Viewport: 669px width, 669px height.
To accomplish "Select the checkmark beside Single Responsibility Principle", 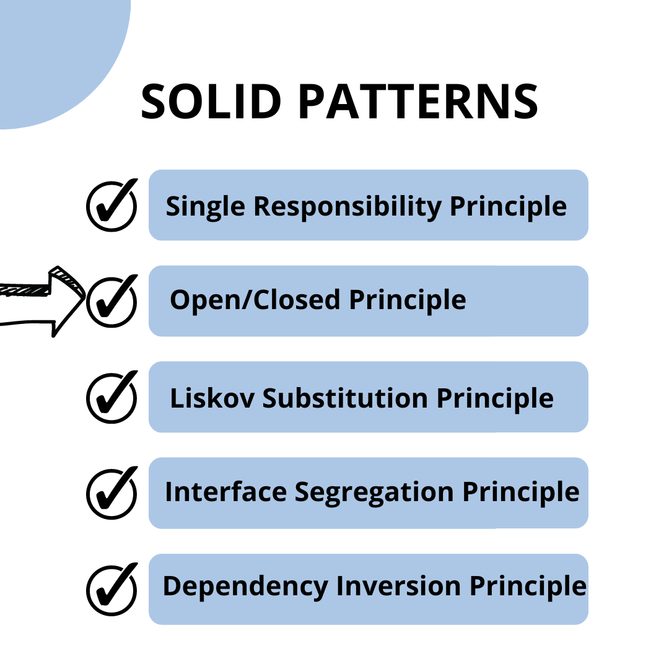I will pyautogui.click(x=111, y=205).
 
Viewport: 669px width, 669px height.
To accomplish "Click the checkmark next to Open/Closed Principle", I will pyautogui.click(x=111, y=301).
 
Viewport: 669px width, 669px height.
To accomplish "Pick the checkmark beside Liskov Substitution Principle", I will pyautogui.click(x=111, y=397).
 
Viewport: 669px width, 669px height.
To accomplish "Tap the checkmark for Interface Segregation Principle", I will pyautogui.click(x=111, y=493).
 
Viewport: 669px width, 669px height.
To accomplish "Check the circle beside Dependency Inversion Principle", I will pyautogui.click(x=111, y=589).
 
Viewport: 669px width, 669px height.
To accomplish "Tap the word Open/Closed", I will pyautogui.click(x=255, y=300).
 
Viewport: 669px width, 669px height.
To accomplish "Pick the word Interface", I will pyautogui.click(x=225, y=492).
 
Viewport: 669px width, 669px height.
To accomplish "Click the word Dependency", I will pyautogui.click(x=245, y=587).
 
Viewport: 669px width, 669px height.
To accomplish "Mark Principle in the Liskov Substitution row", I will pyautogui.click(x=495, y=398).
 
